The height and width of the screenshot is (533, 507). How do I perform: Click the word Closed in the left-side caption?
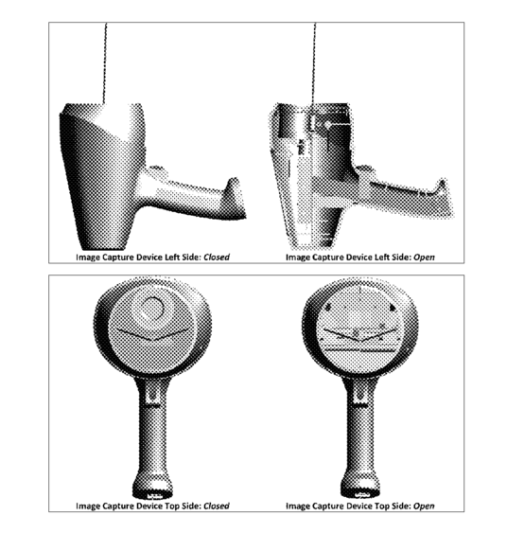pyautogui.click(x=217, y=257)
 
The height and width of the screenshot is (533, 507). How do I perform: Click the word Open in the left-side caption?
pyautogui.click(x=424, y=258)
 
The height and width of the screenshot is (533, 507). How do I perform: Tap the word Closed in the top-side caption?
pyautogui.click(x=217, y=506)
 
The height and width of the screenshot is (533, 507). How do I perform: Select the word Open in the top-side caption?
pyautogui.click(x=424, y=506)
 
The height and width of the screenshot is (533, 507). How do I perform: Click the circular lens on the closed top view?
pyautogui.click(x=152, y=309)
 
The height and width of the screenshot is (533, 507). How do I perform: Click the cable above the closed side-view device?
pyautogui.click(x=105, y=63)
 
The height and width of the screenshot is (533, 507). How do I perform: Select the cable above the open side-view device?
pyautogui.click(x=314, y=63)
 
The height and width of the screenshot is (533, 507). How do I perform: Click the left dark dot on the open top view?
pyautogui.click(x=327, y=307)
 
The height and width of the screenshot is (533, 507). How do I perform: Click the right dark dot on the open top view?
pyautogui.click(x=393, y=308)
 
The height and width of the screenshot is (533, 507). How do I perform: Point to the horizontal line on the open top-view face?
pyautogui.click(x=360, y=350)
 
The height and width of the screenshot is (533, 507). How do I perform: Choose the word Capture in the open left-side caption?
pyautogui.click(x=327, y=258)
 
